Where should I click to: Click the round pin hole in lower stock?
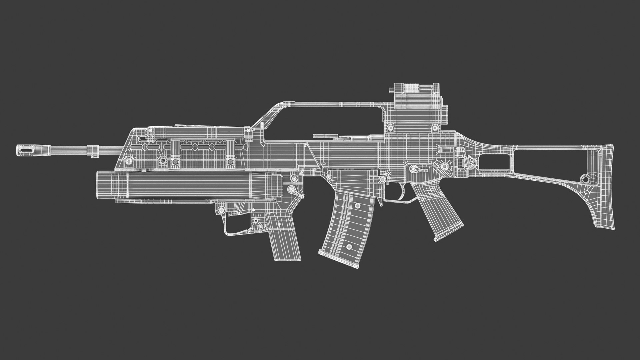point(585,179)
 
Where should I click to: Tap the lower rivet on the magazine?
point(349,247)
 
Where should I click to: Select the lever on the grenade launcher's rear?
point(295,191)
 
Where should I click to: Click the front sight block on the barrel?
point(94,150)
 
